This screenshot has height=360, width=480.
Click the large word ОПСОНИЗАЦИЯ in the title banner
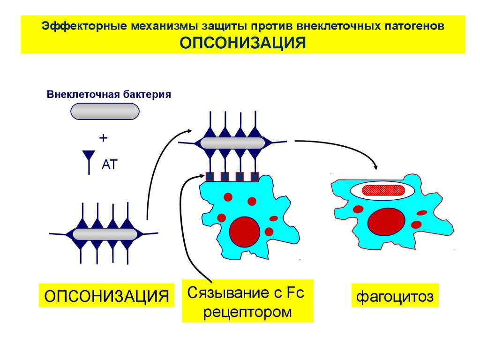(x=243, y=43)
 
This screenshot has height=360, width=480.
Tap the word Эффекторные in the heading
(x=84, y=26)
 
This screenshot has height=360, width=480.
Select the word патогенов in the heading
(x=414, y=26)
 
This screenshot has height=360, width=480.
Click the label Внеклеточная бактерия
(x=109, y=94)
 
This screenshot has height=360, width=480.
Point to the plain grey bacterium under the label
(x=105, y=112)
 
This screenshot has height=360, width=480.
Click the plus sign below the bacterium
(x=104, y=138)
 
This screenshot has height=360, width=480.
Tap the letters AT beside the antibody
(x=110, y=165)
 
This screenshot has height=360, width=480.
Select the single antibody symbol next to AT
(x=89, y=162)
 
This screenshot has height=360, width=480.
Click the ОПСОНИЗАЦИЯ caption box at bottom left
(x=106, y=296)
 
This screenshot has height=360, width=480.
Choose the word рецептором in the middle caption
(x=247, y=312)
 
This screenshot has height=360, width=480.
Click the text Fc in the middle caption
(x=295, y=292)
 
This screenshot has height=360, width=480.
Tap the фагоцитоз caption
(x=395, y=296)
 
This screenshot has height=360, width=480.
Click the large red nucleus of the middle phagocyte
(x=245, y=232)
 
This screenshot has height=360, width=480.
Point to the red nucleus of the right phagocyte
(x=386, y=222)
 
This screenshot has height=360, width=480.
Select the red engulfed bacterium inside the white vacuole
(x=382, y=190)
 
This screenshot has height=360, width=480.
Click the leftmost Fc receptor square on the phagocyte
(x=210, y=177)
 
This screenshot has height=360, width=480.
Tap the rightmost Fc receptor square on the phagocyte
(x=255, y=177)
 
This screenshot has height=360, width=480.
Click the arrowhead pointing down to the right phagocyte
(x=375, y=167)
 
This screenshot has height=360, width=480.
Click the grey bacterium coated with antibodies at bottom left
(x=105, y=234)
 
